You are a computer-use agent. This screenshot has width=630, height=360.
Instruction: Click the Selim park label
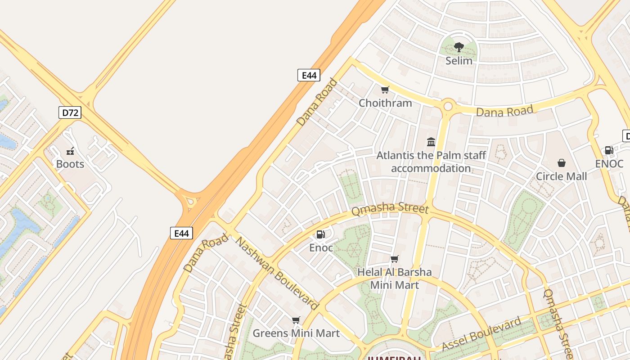pyautogui.click(x=459, y=61)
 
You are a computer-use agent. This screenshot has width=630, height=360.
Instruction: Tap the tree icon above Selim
pyautogui.click(x=459, y=47)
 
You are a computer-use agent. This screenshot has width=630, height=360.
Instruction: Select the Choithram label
pyautogui.click(x=385, y=103)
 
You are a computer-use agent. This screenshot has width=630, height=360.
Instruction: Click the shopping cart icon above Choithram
pyautogui.click(x=385, y=90)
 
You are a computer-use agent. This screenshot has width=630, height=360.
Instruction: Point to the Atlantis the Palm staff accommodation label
pyautogui.click(x=431, y=162)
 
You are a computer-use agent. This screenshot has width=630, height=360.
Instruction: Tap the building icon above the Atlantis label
pyautogui.click(x=431, y=142)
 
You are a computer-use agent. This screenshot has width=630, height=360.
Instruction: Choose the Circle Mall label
pyautogui.click(x=561, y=176)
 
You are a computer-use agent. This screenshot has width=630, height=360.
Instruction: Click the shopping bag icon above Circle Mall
pyautogui.click(x=562, y=163)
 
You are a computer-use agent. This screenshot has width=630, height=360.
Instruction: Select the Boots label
pyautogui.click(x=70, y=164)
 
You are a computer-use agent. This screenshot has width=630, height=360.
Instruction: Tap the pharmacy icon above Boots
pyautogui.click(x=70, y=151)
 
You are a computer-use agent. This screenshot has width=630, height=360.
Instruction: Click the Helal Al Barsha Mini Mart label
pyautogui.click(x=395, y=279)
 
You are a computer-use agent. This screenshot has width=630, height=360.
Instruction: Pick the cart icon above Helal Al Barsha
pyautogui.click(x=395, y=259)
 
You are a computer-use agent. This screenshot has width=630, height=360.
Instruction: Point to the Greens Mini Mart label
pyautogui.click(x=296, y=333)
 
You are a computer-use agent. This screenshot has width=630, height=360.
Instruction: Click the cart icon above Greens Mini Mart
pyautogui.click(x=296, y=320)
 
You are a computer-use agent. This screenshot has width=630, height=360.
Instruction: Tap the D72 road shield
pyautogui.click(x=70, y=112)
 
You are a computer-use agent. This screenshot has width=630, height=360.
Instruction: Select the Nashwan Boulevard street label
pyautogui.click(x=277, y=274)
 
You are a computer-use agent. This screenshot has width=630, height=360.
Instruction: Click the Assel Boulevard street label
pyautogui.click(x=481, y=333)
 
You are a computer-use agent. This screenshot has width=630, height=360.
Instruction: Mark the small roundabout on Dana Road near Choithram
pyautogui.click(x=448, y=106)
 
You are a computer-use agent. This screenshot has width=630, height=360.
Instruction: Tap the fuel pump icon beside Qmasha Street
pyautogui.click(x=320, y=234)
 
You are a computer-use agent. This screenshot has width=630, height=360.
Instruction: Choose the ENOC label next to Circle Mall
pyautogui.click(x=609, y=164)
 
